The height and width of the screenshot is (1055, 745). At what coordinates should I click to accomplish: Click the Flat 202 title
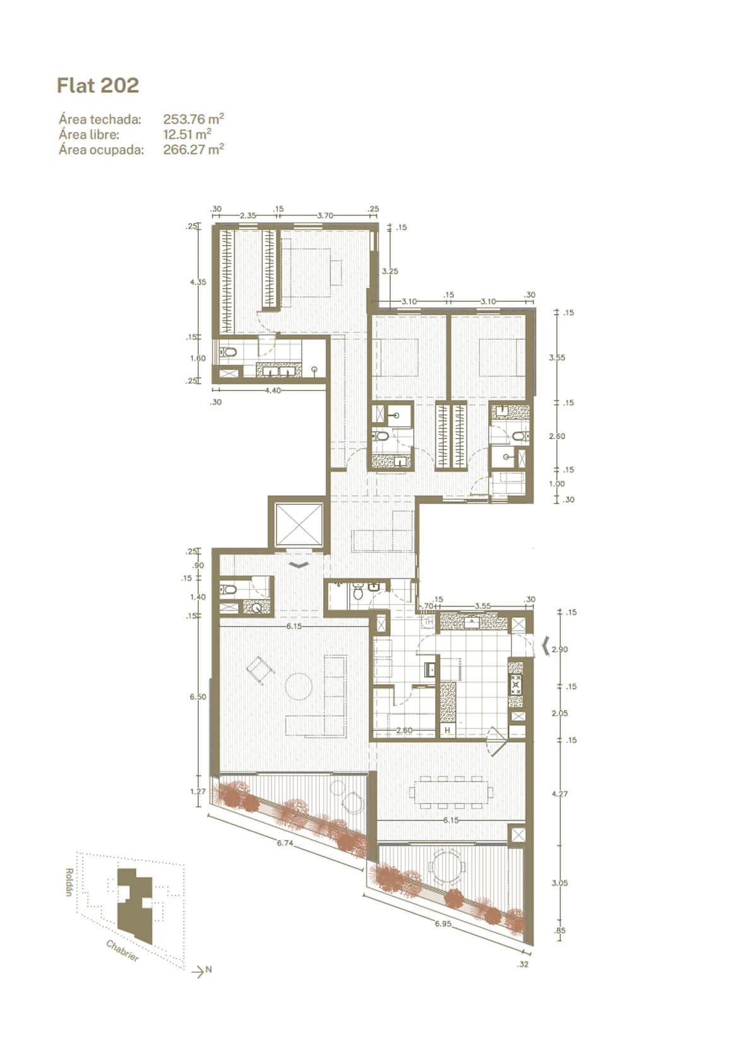point(97,85)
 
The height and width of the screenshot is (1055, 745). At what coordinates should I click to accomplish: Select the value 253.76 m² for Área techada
point(193,119)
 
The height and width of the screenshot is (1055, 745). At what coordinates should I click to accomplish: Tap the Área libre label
point(89,134)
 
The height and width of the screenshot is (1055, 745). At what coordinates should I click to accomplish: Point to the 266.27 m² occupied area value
point(193,150)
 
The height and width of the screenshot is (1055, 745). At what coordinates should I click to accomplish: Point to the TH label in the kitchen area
point(429,622)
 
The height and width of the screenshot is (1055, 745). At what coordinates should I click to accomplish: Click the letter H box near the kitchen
point(447,730)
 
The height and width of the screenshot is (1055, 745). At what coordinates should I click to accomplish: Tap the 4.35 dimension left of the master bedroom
point(198,282)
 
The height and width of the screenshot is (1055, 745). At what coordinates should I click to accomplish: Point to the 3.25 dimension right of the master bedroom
point(390,271)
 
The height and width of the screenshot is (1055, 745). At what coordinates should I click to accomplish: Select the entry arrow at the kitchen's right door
point(547,646)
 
